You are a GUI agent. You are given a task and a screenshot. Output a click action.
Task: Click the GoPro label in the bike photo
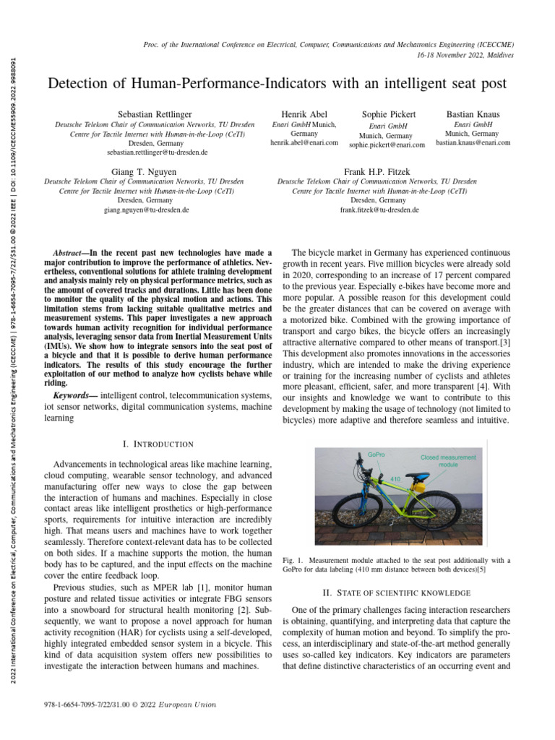point(376,455)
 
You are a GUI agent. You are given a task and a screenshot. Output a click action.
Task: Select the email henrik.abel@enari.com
point(304,143)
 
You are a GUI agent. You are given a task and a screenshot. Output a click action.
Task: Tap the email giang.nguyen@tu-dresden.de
point(147,210)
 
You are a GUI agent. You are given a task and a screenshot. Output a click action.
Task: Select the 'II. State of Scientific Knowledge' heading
point(396,593)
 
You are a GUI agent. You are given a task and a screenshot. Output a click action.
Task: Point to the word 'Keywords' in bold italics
point(75,396)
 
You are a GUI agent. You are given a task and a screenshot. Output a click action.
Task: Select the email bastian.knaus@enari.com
point(473,143)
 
